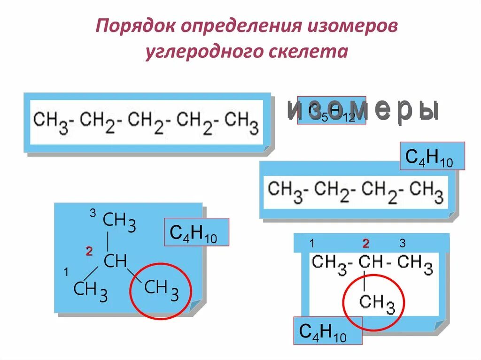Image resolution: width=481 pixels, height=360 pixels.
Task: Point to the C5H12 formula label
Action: tap(331, 112)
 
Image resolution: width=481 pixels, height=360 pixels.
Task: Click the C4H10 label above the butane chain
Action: tap(432, 156)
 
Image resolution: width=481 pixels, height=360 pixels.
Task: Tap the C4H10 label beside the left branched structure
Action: tap(196, 232)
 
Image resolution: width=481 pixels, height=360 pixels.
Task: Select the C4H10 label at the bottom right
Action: tap(327, 331)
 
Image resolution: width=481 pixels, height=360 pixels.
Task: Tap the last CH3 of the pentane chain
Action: tap(241, 122)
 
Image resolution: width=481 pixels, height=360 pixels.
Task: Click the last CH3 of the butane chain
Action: tap(426, 191)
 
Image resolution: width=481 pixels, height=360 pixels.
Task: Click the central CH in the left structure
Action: tap(115, 261)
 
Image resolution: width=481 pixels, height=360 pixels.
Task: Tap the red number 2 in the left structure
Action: tap(88, 252)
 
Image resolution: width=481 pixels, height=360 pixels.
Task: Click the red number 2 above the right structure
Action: tap(366, 243)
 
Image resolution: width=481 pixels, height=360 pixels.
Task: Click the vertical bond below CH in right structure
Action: tap(365, 282)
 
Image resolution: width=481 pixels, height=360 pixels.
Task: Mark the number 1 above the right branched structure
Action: tap(311, 244)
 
